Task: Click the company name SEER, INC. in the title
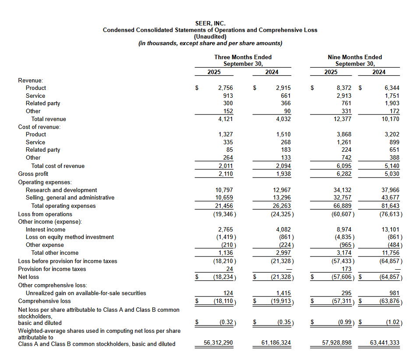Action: [x=210, y=23]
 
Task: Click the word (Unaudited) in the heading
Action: [x=210, y=36]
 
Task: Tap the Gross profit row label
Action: [x=33, y=174]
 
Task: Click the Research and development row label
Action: [x=61, y=190]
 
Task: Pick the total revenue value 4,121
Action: [x=226, y=119]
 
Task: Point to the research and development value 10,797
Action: [x=224, y=190]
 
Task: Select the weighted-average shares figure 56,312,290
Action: [x=219, y=342]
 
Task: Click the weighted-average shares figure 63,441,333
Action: [x=385, y=342]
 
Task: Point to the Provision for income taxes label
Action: [x=52, y=269]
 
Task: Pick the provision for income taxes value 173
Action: [x=346, y=269]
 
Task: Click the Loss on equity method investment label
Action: [x=70, y=237]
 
